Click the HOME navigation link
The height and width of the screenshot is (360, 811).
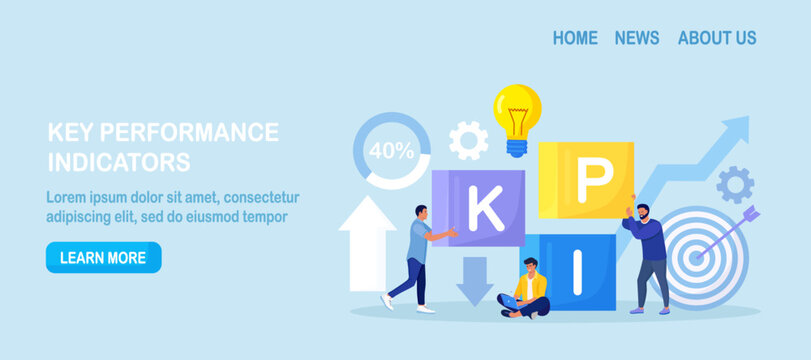[x=575, y=38]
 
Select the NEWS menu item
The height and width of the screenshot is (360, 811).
[x=637, y=38]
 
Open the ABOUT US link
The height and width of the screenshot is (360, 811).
[x=717, y=38]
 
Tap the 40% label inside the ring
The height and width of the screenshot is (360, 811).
[x=391, y=151]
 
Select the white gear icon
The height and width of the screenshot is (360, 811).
[x=468, y=141]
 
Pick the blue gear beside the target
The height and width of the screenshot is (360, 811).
[x=735, y=185]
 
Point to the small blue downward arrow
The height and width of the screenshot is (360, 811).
[x=475, y=280]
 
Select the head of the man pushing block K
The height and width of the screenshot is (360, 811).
[x=421, y=213]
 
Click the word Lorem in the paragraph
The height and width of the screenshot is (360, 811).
[x=70, y=197]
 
